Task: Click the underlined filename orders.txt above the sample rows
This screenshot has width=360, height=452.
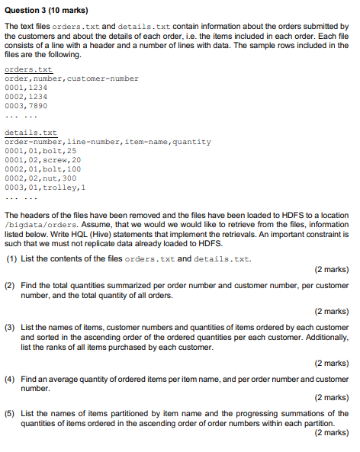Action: point(34,69)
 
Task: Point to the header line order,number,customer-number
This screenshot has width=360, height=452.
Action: point(72,79)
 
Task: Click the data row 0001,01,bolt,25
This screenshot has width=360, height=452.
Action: point(40,151)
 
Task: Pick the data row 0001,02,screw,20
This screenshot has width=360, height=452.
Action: point(43,160)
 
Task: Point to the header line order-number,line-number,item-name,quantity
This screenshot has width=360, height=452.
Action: point(108,142)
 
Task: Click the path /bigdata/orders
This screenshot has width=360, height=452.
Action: point(35,226)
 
